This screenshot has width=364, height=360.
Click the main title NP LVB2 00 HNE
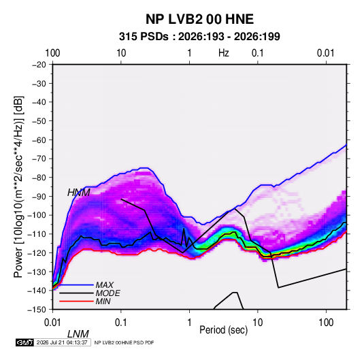(x=199, y=19)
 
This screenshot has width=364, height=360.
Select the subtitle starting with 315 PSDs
(x=199, y=37)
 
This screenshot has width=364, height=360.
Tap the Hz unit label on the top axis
(x=224, y=53)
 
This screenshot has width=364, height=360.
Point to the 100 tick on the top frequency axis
(x=52, y=53)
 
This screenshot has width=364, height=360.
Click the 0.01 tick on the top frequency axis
(x=326, y=53)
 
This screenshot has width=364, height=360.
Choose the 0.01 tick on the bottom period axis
(x=52, y=323)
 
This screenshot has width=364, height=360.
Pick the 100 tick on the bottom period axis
(x=326, y=323)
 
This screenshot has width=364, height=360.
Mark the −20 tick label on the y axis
(x=39, y=65)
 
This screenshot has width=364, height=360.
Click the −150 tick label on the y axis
(x=37, y=310)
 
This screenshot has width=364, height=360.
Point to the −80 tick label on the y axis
(x=39, y=178)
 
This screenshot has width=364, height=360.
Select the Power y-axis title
(x=18, y=186)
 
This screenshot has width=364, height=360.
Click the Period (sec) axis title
(x=224, y=330)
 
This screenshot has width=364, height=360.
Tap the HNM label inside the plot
(x=79, y=193)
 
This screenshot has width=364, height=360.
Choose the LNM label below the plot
(x=78, y=334)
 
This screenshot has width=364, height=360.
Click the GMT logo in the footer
(x=24, y=342)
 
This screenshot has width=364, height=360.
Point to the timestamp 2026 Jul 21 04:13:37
(x=62, y=342)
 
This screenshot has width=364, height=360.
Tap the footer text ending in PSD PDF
(x=125, y=342)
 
